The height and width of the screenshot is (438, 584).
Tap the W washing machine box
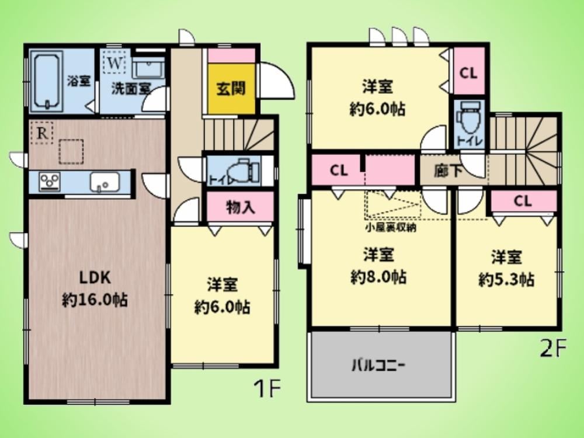tap(114, 64)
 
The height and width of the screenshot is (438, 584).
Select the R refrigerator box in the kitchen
tap(42, 133)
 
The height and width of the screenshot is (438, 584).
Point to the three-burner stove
tap(50, 182)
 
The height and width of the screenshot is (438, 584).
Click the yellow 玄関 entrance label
tap(231, 89)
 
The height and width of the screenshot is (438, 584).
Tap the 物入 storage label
tap(241, 207)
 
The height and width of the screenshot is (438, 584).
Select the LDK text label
tap(95, 278)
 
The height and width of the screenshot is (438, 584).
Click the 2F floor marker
tap(553, 349)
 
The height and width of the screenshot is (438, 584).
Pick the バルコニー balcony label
tap(378, 366)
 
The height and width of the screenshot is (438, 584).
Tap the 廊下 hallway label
tap(448, 171)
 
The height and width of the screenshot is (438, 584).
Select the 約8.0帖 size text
tap(378, 277)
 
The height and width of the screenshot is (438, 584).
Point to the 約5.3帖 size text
tap(506, 279)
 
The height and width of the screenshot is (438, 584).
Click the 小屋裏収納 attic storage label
tap(391, 228)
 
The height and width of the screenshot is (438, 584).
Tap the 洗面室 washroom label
tap(131, 89)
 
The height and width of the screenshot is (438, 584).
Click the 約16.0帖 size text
tap(95, 300)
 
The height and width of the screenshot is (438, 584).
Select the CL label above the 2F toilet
tap(468, 73)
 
